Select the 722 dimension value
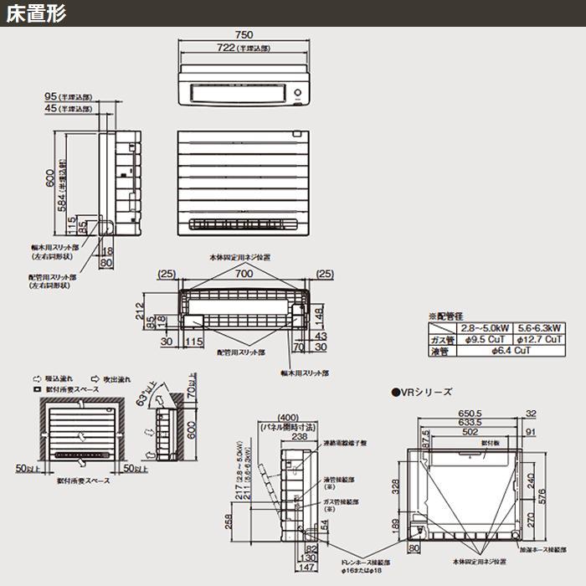click(227, 48)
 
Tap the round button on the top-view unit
click(298, 92)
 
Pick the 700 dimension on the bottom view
click(244, 274)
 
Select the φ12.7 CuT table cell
click(539, 340)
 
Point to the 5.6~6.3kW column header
click(539, 328)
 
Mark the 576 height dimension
click(553, 495)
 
